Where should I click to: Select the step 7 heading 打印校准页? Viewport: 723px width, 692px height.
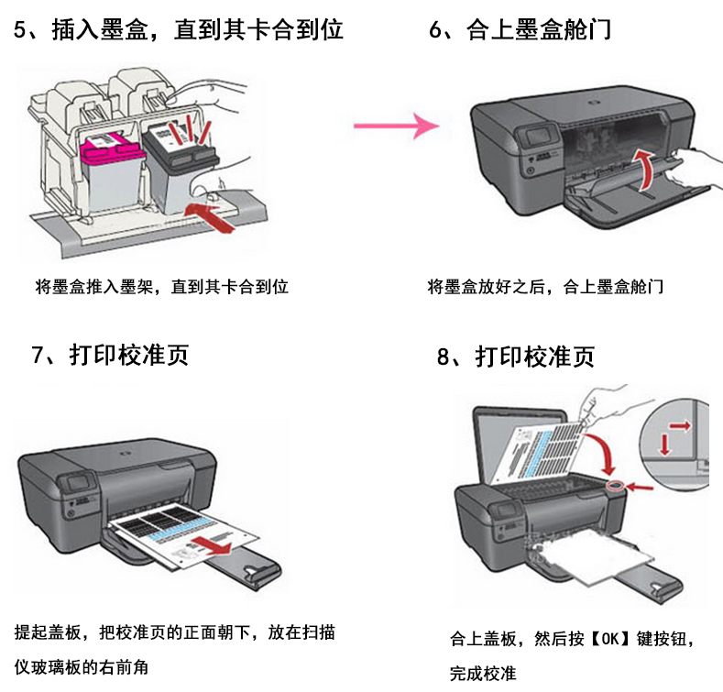pos(129,356)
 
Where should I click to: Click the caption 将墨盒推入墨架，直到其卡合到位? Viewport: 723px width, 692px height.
pos(161,287)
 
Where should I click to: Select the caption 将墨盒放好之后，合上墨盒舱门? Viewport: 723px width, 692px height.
pos(545,287)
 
